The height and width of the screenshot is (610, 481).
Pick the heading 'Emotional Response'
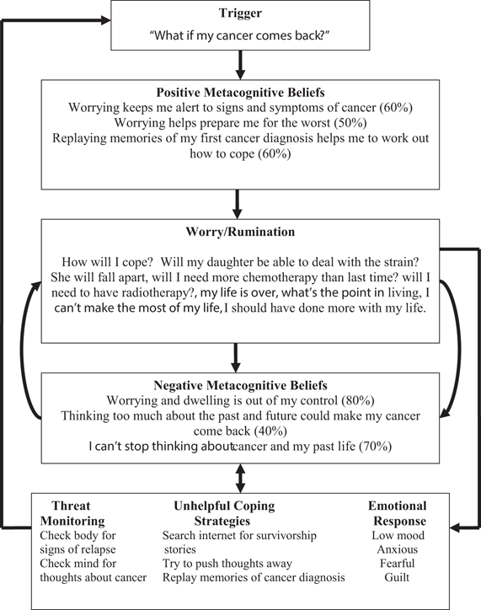click(397, 513)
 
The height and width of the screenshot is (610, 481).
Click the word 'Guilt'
click(397, 577)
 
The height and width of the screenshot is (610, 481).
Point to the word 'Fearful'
click(397, 563)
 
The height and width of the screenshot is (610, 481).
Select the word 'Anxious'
click(397, 548)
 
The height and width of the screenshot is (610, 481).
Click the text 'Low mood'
click(397, 534)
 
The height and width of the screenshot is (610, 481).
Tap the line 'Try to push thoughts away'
click(227, 563)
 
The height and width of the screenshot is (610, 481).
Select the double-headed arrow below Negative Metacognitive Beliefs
click(241, 476)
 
